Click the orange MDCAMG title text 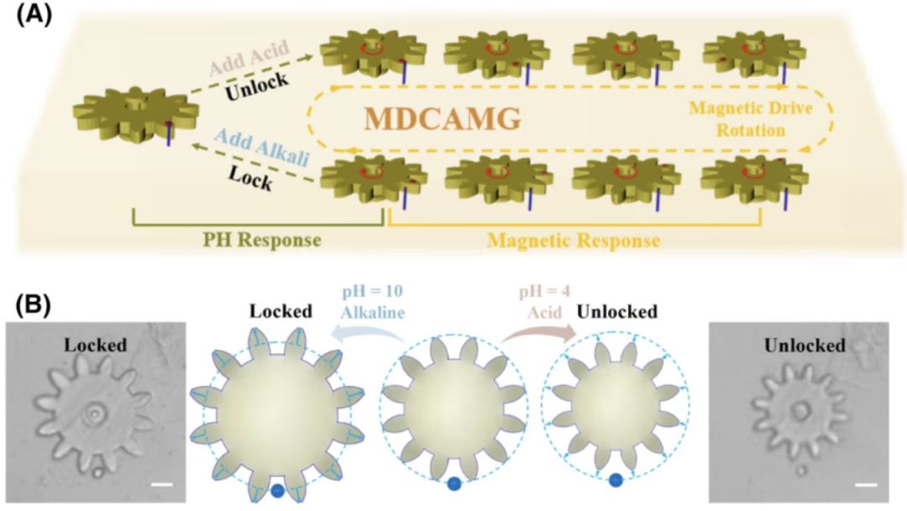click(x=443, y=119)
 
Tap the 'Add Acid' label click(x=249, y=58)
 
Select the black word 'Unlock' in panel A click(x=257, y=86)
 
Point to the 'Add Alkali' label click(x=262, y=147)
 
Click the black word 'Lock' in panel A click(x=250, y=176)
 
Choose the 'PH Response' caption click(x=262, y=240)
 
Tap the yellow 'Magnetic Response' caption click(x=574, y=240)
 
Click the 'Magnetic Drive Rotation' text click(x=751, y=119)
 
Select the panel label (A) click(x=34, y=15)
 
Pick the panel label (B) click(x=34, y=304)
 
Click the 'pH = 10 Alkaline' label click(x=372, y=302)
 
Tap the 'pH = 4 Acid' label click(x=544, y=302)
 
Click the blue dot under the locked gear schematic click(x=278, y=491)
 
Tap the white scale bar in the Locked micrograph click(x=163, y=484)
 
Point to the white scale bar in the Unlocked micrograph click(x=866, y=484)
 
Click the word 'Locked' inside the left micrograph click(x=96, y=345)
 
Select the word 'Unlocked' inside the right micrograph click(x=805, y=345)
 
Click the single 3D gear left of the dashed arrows click(x=136, y=114)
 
